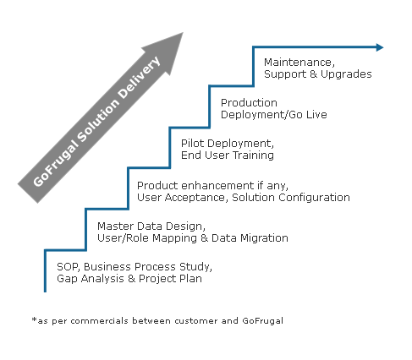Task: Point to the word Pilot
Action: pyautogui.click(x=194, y=143)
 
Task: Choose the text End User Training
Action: pyautogui.click(x=228, y=155)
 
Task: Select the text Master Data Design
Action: pyautogui.click(x=151, y=226)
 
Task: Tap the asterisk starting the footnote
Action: pyautogui.click(x=33, y=321)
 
